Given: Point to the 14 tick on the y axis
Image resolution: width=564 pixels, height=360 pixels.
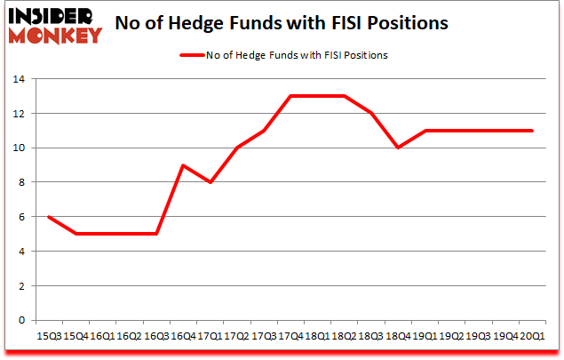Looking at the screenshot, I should click(20, 79).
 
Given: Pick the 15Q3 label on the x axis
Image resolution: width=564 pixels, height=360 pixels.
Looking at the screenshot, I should click(48, 336).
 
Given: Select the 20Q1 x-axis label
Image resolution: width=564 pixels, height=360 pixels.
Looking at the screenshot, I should click(531, 336).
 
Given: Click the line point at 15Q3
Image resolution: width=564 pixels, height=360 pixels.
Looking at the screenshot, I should click(49, 217).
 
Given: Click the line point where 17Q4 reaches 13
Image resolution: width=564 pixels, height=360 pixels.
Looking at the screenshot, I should click(290, 96).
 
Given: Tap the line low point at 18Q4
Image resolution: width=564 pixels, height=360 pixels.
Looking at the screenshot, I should click(398, 148).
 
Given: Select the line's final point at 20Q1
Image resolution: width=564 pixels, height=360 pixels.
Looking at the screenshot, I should click(531, 131).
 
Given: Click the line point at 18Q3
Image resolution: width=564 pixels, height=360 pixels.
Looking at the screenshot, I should click(371, 113).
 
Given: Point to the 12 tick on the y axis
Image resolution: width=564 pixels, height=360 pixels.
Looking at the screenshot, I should click(20, 114).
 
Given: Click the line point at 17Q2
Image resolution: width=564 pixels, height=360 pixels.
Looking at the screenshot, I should click(237, 148).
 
